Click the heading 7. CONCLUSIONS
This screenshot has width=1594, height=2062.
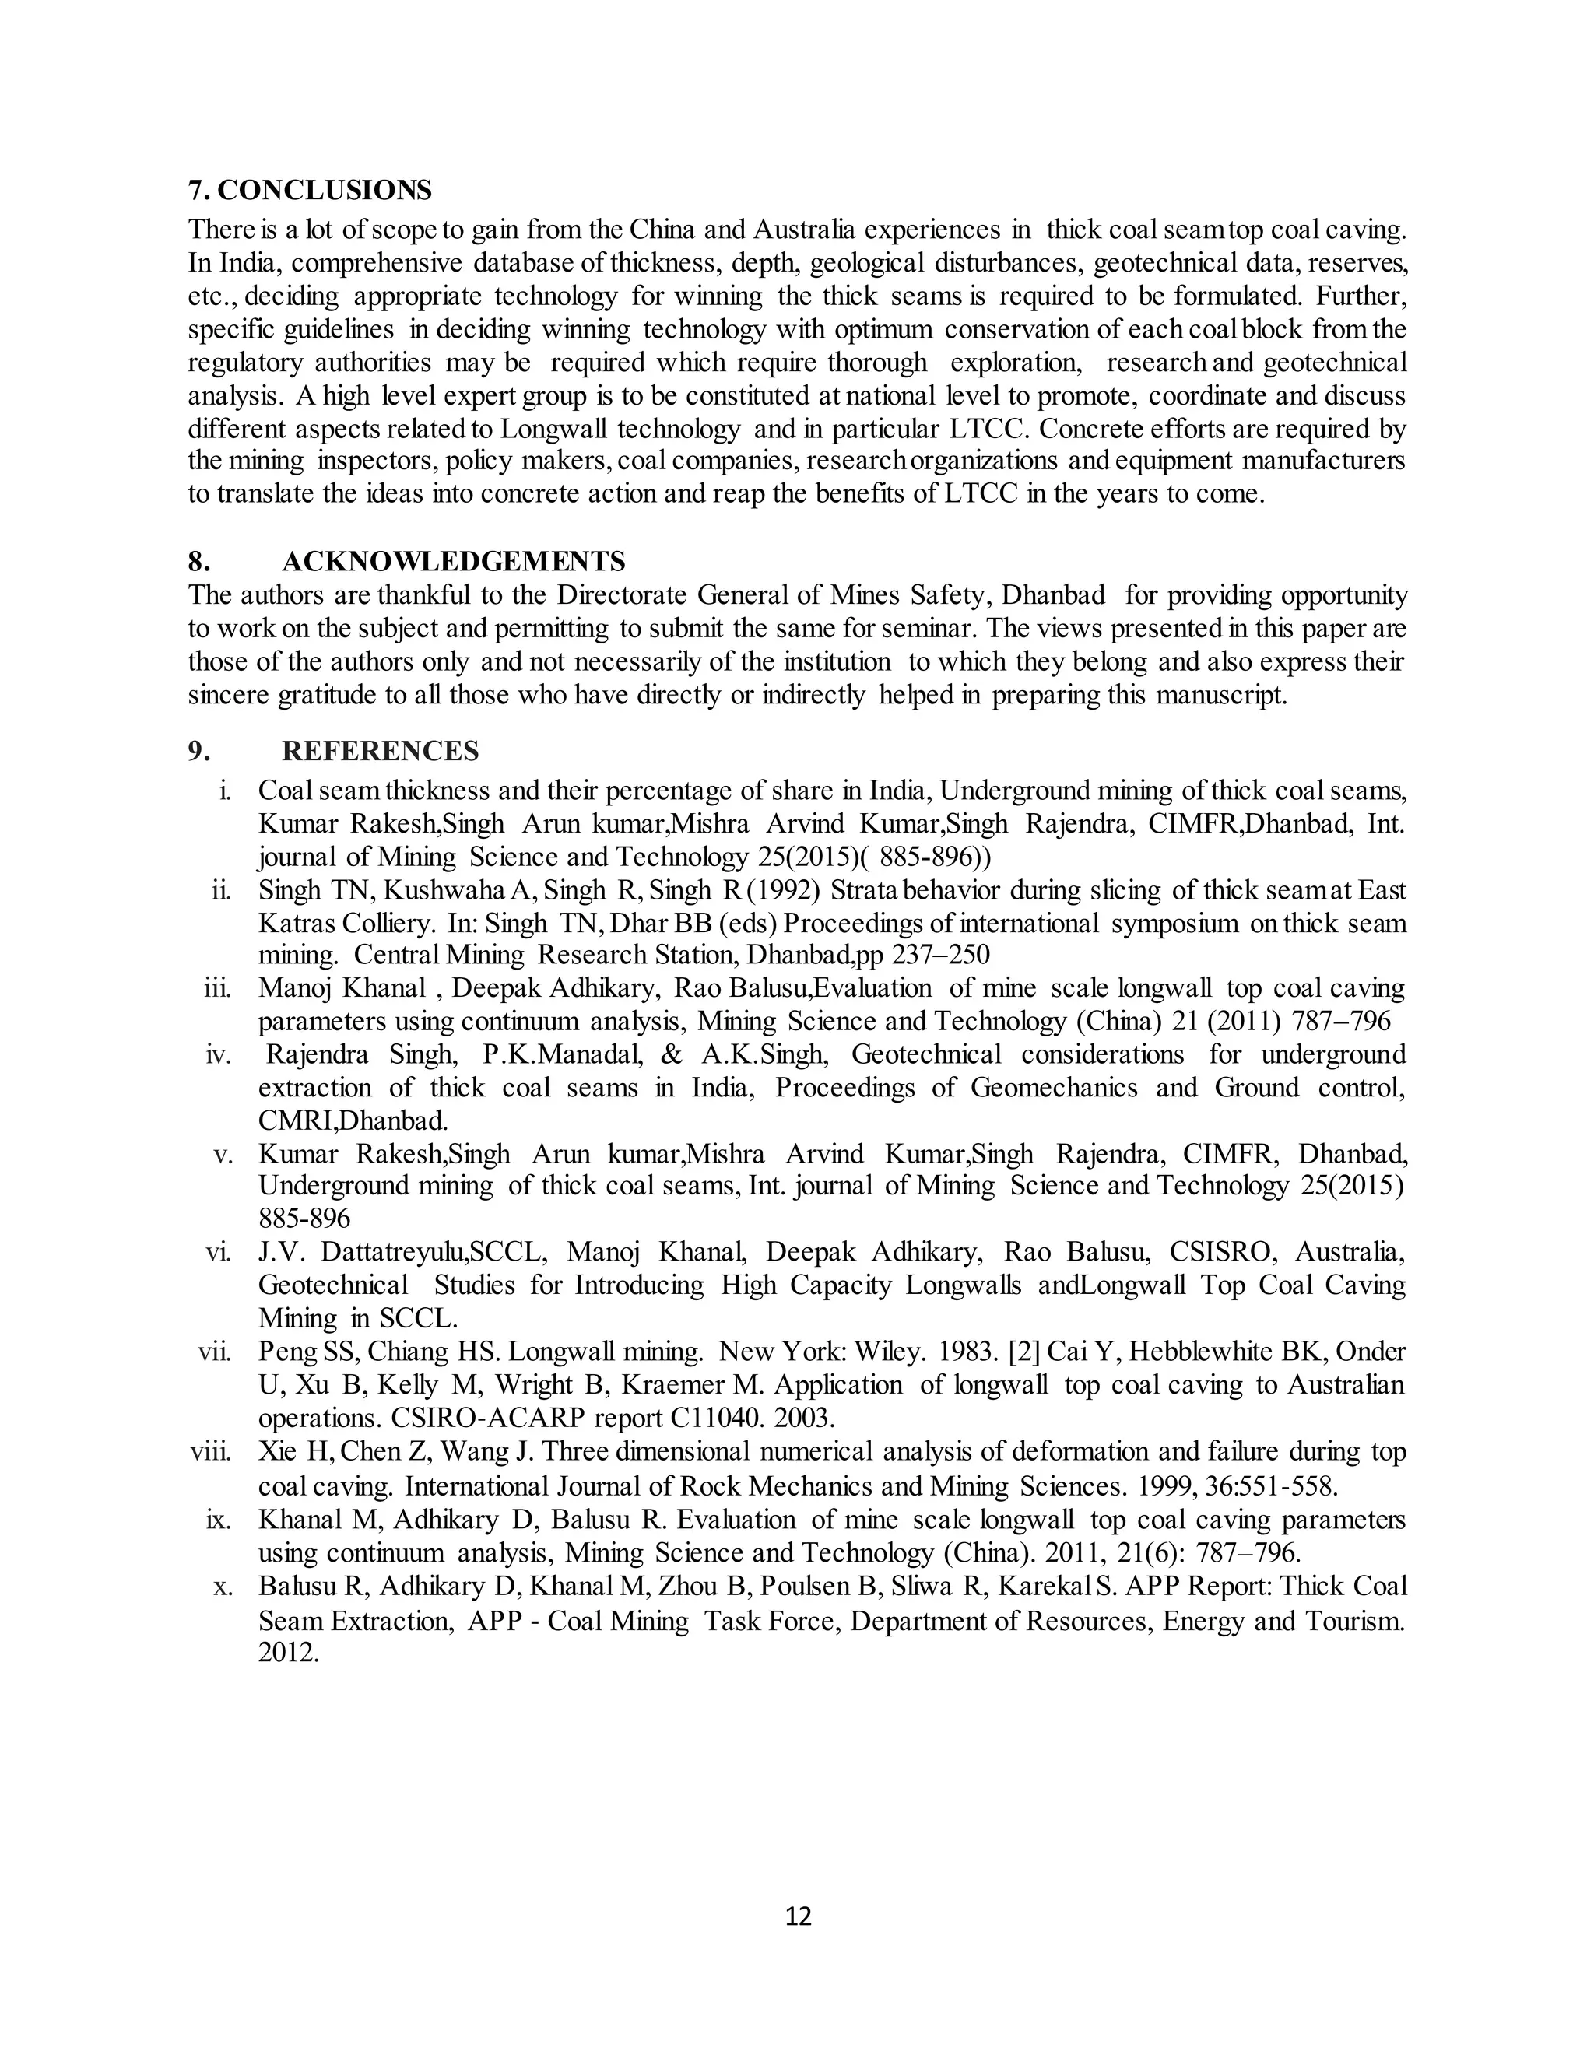[x=310, y=191]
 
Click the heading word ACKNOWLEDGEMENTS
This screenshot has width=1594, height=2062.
[x=453, y=562]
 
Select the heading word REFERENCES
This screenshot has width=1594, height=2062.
[x=381, y=751]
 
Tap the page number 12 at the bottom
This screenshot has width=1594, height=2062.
[x=798, y=1916]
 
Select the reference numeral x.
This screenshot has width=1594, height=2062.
[x=223, y=1587]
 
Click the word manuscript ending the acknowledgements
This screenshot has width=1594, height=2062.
[x=1220, y=695]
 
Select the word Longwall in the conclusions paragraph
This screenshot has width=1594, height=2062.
[x=554, y=429]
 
